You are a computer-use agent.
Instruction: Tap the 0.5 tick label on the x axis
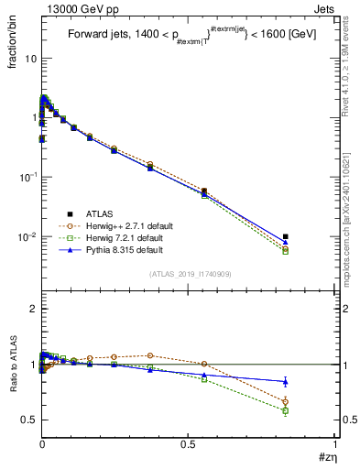[x=189, y=443]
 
